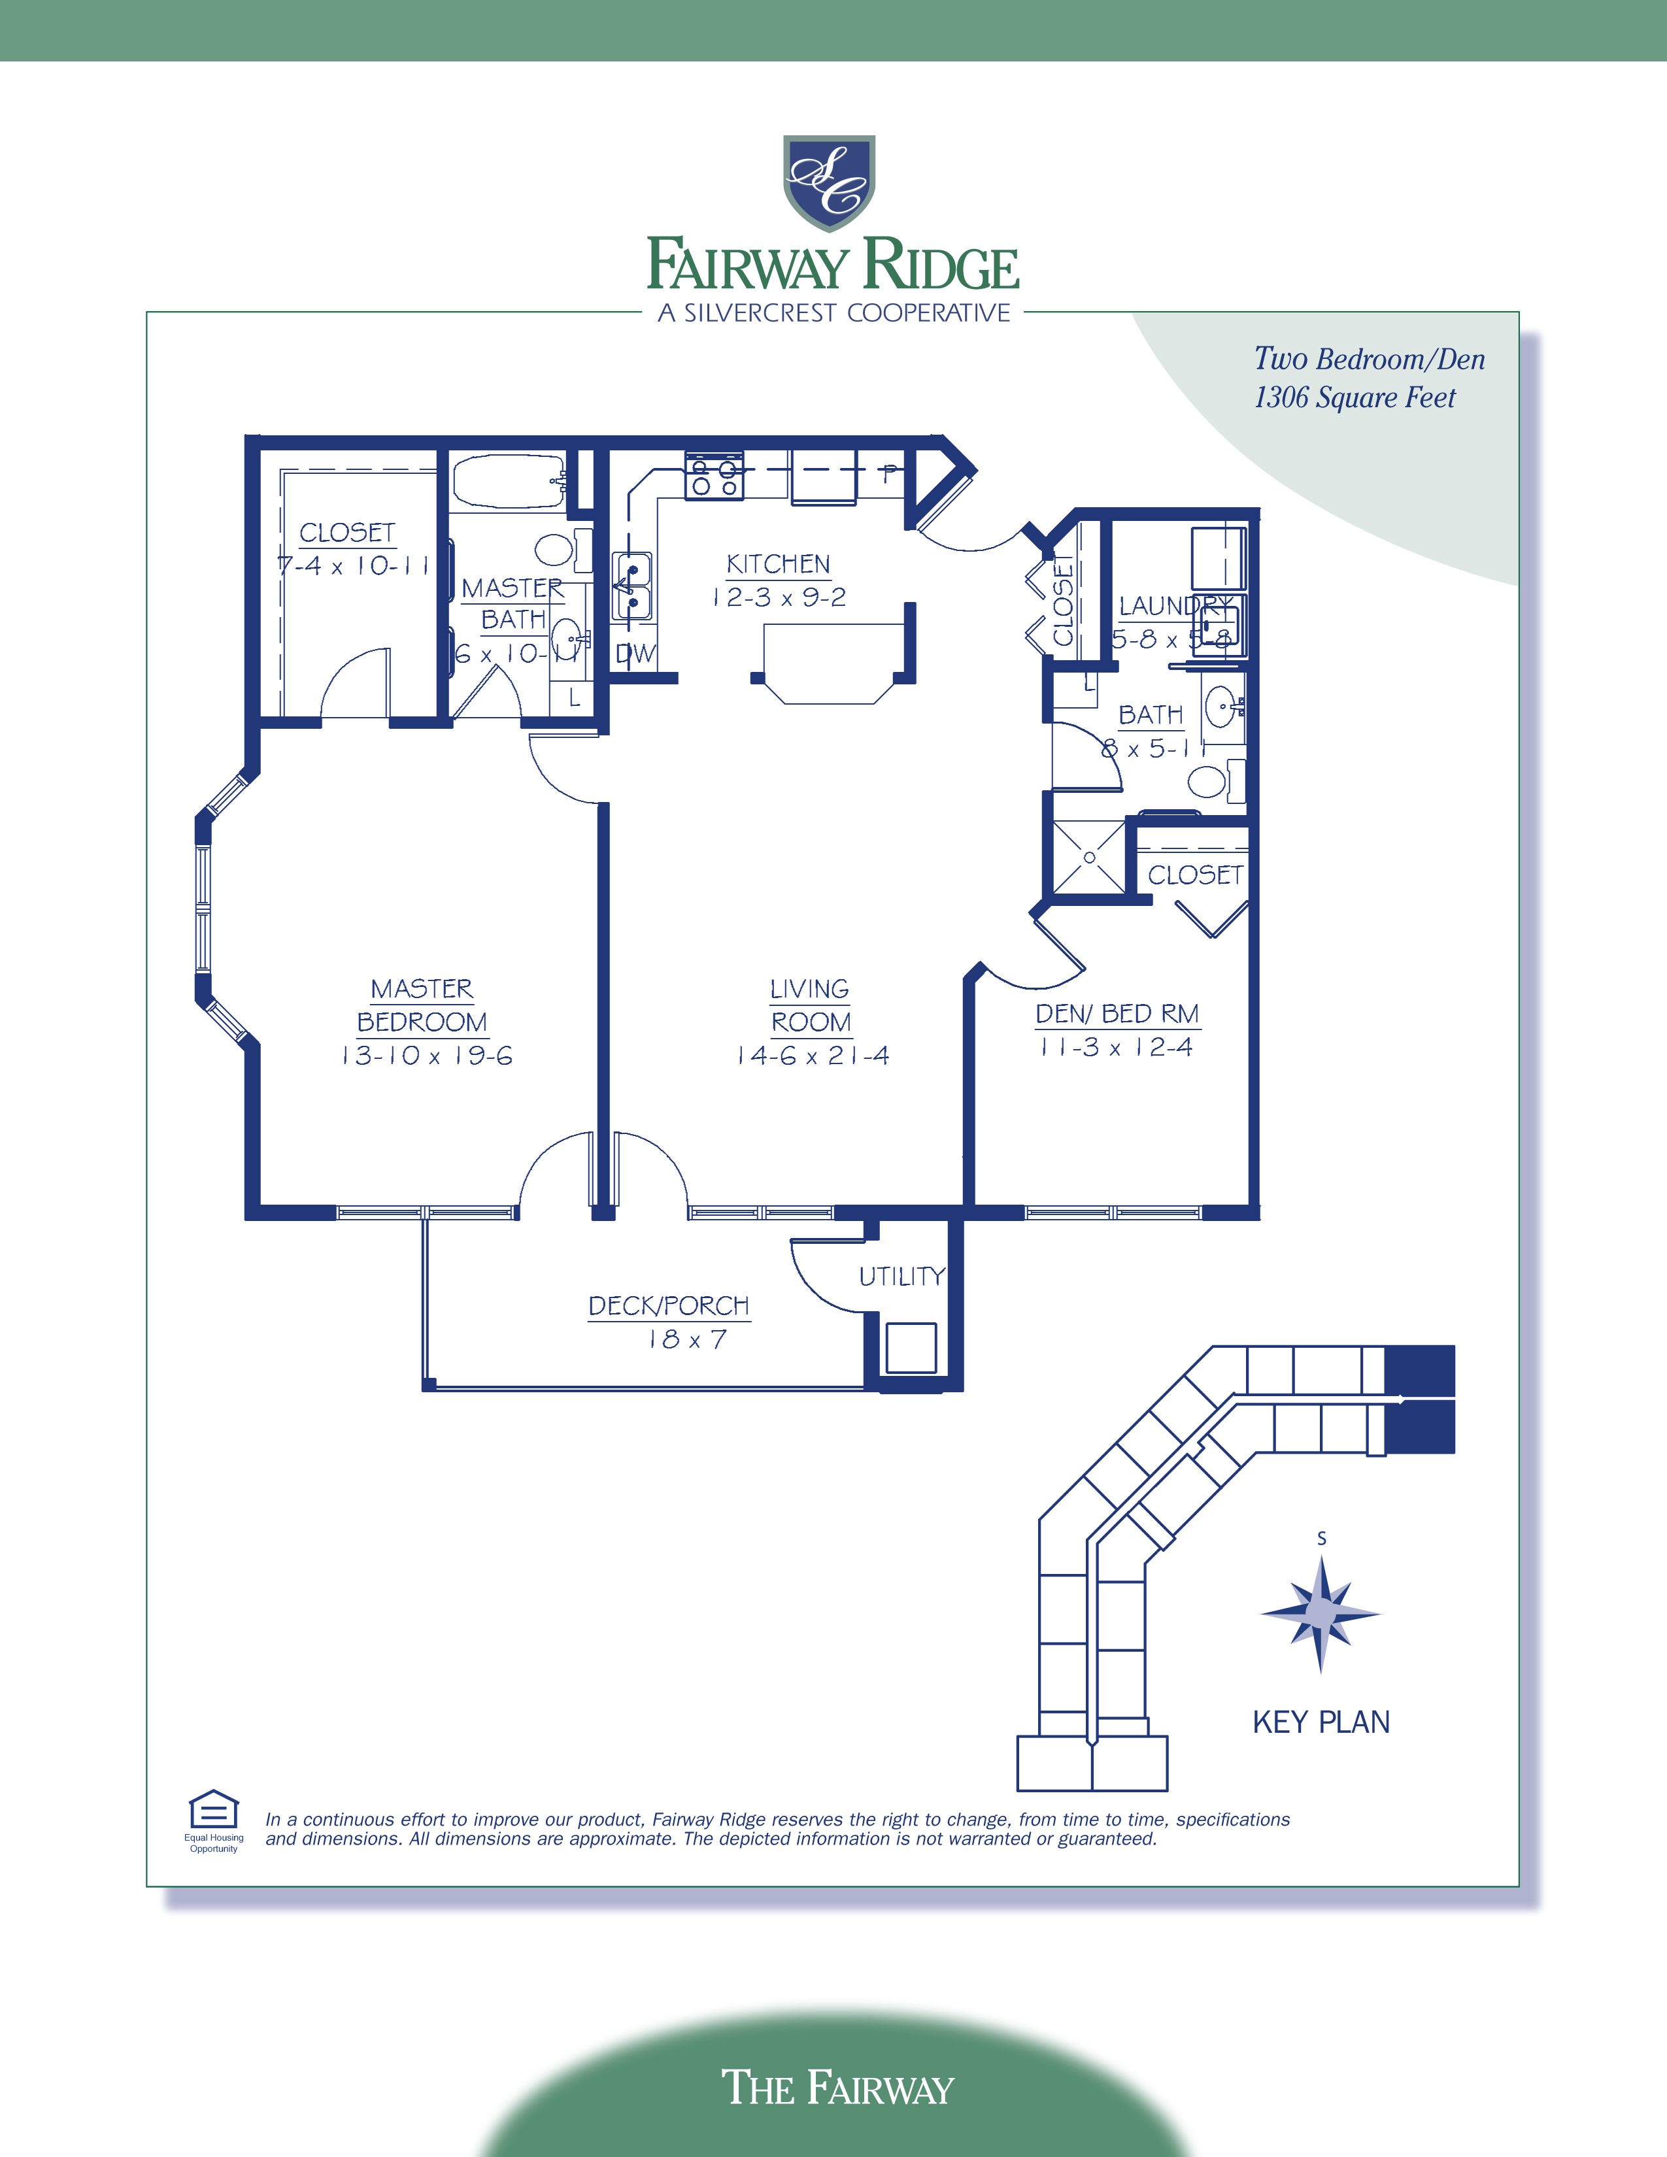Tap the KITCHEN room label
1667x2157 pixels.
click(x=778, y=564)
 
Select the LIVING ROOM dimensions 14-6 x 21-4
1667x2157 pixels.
click(x=812, y=1056)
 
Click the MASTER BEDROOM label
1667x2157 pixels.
click(x=422, y=1005)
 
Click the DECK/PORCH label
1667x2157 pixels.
click(x=669, y=1306)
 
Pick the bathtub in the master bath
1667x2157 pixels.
click(x=507, y=481)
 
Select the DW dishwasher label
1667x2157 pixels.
click(x=635, y=654)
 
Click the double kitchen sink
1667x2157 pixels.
click(x=631, y=587)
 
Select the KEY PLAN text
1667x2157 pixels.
click(x=1321, y=1722)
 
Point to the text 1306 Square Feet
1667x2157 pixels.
click(x=1354, y=397)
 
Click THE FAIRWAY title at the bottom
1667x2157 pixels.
click(x=837, y=2088)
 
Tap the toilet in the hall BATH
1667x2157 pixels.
click(x=1209, y=781)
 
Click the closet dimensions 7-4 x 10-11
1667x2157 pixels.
click(x=352, y=566)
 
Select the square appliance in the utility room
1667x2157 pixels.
click(x=911, y=1347)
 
